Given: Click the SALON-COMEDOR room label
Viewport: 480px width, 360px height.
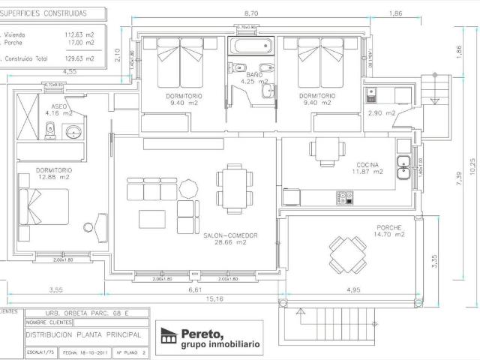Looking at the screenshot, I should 230,235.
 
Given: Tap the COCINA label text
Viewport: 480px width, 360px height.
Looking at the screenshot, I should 367,163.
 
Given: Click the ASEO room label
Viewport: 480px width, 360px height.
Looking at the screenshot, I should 60,106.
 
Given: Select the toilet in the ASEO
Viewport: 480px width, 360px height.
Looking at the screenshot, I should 50,133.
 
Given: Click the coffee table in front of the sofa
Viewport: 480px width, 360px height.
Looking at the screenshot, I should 153,217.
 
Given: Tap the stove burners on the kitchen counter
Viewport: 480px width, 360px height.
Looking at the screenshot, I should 344,198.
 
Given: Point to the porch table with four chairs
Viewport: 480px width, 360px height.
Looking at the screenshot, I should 347,255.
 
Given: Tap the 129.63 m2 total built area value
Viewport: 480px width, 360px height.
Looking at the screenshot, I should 79,57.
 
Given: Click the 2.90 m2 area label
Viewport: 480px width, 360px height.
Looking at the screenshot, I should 381,112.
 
